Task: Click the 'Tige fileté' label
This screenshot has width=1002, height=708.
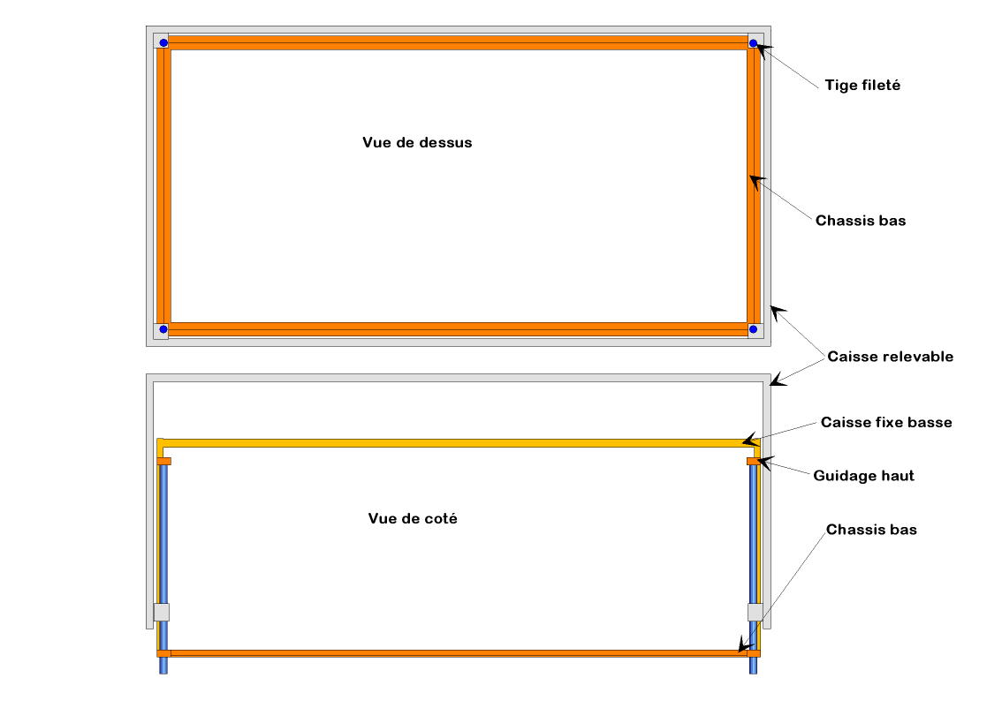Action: (x=862, y=86)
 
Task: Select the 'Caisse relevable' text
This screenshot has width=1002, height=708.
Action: (x=890, y=357)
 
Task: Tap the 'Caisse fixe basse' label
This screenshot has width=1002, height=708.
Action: (x=886, y=422)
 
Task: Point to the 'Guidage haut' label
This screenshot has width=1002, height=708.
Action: (x=863, y=476)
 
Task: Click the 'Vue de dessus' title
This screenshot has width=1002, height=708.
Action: (x=417, y=142)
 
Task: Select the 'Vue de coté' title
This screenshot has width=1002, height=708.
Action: (x=413, y=519)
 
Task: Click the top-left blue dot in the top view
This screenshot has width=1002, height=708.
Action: (x=163, y=42)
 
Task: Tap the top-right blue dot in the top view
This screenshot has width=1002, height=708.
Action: (x=753, y=42)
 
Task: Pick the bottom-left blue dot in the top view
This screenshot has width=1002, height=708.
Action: (x=163, y=329)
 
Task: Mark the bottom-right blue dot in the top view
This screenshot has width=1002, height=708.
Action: (x=753, y=329)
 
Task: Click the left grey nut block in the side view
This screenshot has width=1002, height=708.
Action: (x=162, y=612)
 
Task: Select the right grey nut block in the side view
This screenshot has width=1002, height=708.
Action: (x=755, y=612)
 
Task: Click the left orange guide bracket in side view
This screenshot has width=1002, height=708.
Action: (x=163, y=461)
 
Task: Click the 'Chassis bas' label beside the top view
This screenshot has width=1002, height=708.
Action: (x=860, y=221)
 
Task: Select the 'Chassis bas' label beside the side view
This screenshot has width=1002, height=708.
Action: (x=871, y=530)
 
